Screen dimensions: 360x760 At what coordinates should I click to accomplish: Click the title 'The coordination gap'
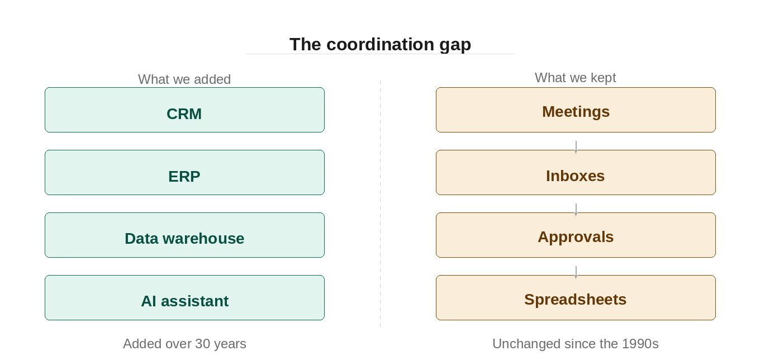[380, 44]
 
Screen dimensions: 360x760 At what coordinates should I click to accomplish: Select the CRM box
[184, 110]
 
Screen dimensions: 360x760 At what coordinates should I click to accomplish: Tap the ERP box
[184, 173]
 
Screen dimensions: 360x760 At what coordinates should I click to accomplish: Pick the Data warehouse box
[184, 235]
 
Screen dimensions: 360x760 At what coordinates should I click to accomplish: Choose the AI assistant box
[184, 298]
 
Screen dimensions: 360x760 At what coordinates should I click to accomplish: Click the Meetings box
[576, 110]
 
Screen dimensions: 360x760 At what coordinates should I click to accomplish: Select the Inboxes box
[576, 173]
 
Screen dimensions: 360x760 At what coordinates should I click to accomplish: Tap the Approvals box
[576, 235]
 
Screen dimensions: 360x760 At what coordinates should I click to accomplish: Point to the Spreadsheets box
[576, 298]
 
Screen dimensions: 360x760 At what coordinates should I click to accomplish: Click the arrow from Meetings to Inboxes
[576, 146]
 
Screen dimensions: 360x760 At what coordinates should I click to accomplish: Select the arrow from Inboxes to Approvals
[576, 209]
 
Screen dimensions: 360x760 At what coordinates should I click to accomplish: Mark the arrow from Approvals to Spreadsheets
[576, 272]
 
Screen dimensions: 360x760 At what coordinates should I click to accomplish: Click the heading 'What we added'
[184, 79]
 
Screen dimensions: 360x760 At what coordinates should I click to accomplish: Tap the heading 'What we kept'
[576, 78]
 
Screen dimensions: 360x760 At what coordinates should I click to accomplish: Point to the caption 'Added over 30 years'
[184, 344]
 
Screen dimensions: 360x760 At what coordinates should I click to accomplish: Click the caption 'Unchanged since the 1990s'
[576, 344]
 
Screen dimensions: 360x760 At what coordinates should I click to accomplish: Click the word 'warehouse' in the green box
[208, 239]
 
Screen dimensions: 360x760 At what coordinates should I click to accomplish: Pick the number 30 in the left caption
[202, 344]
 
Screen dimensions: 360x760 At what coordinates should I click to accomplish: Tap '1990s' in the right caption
[640, 344]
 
